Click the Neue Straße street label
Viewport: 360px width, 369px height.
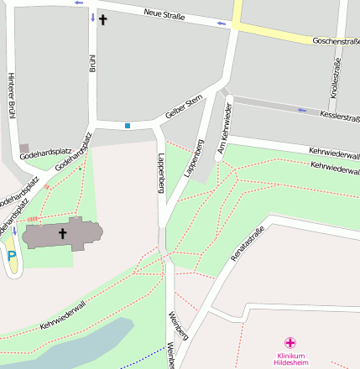(x=164, y=14)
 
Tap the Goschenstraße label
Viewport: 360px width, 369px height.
(x=335, y=40)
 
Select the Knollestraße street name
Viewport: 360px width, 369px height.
(x=337, y=79)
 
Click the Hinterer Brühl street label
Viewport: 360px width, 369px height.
(x=12, y=95)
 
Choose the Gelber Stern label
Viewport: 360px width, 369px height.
(x=185, y=108)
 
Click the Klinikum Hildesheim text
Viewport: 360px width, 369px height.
(x=290, y=359)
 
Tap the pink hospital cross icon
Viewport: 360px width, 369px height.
(x=290, y=342)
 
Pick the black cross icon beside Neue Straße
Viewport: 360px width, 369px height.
(x=103, y=18)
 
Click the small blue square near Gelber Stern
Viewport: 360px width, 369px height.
(x=128, y=126)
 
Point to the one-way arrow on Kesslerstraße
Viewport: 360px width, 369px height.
(x=301, y=109)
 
